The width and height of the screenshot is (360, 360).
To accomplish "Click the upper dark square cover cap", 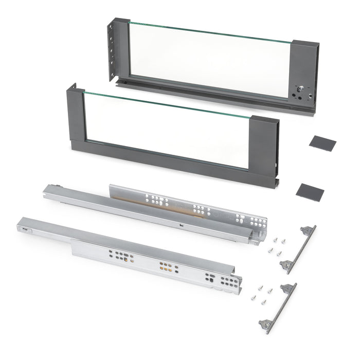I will click(x=322, y=143).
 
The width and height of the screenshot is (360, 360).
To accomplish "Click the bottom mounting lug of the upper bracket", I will click(x=287, y=265).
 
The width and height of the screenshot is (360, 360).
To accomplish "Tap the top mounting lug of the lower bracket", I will click(x=288, y=287).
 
